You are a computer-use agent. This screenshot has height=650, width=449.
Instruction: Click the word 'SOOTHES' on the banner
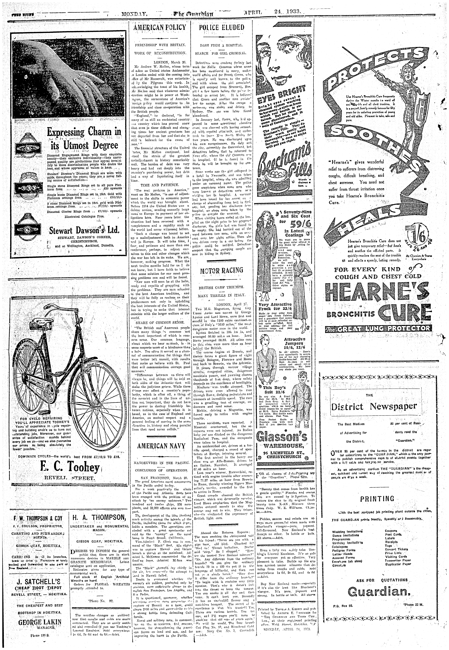[x=377, y=141]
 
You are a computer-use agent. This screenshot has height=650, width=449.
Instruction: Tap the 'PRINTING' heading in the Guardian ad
[x=377, y=499]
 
